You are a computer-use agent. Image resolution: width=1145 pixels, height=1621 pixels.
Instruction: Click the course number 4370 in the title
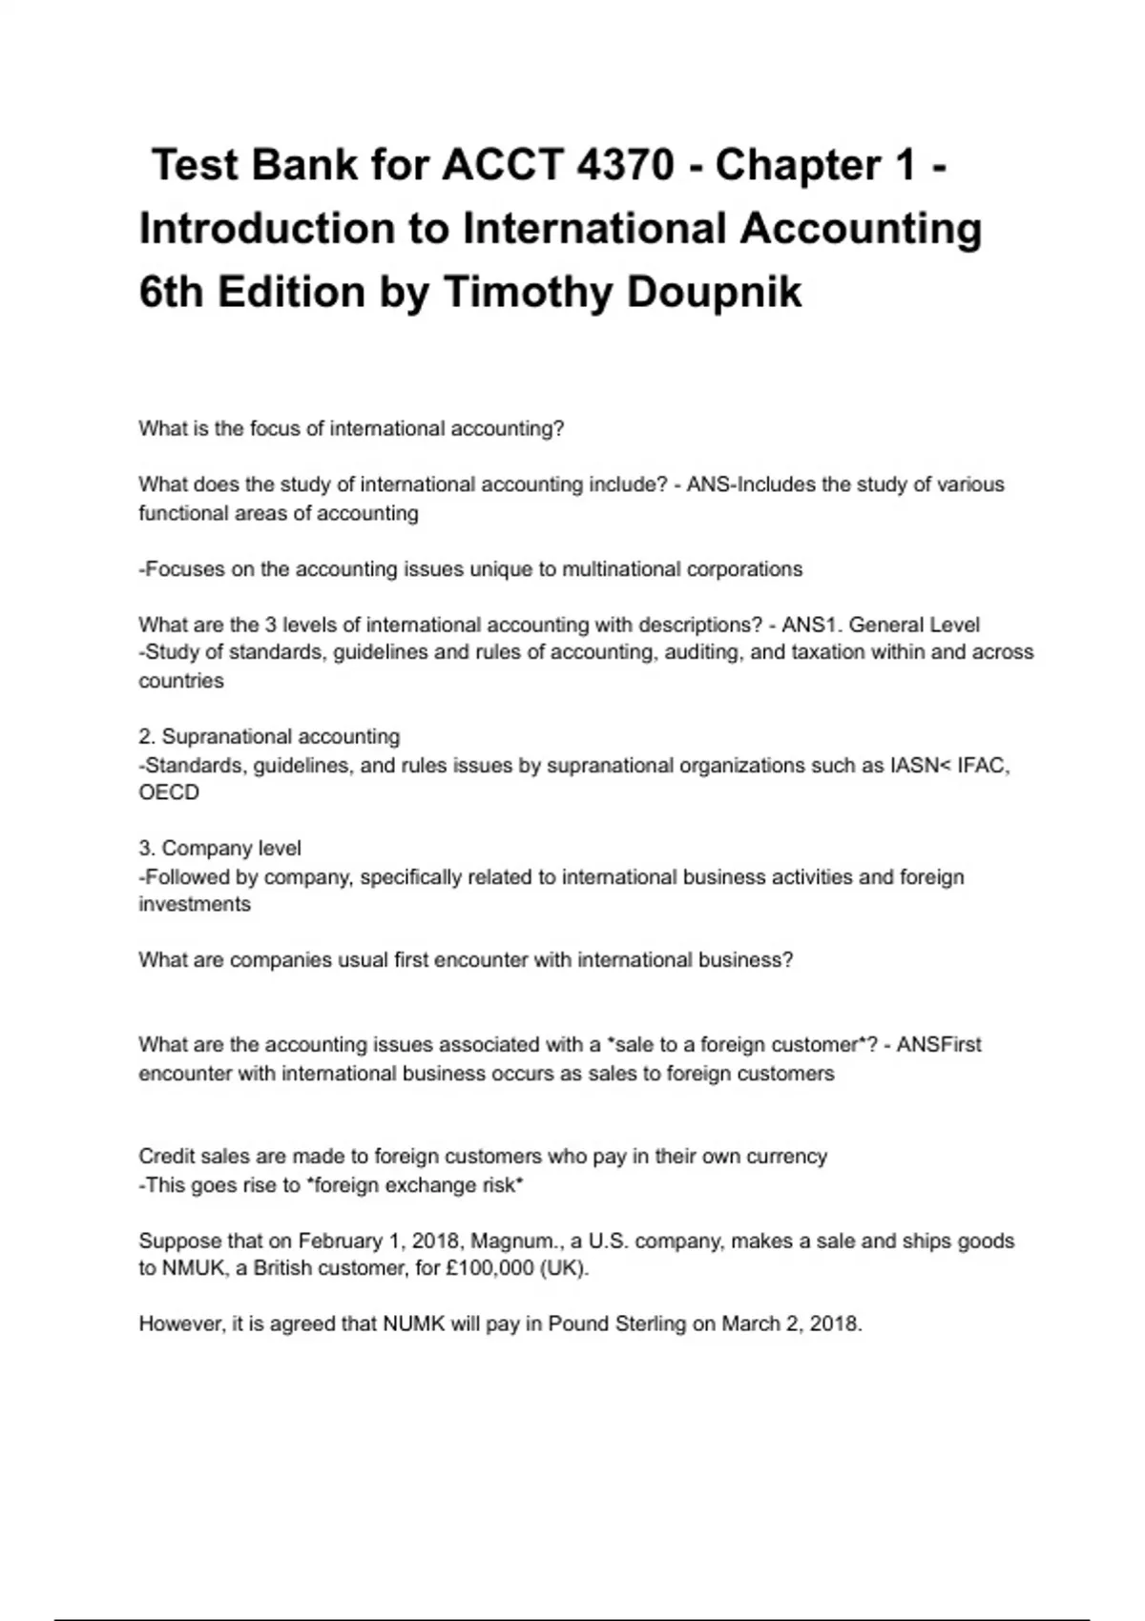[625, 165]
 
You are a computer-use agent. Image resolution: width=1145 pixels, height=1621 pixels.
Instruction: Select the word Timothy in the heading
[527, 292]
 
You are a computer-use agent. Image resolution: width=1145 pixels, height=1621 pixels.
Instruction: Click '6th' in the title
[171, 292]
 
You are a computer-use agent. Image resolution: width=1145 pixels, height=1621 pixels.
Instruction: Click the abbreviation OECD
[169, 792]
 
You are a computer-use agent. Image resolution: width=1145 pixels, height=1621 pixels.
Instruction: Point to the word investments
[195, 904]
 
